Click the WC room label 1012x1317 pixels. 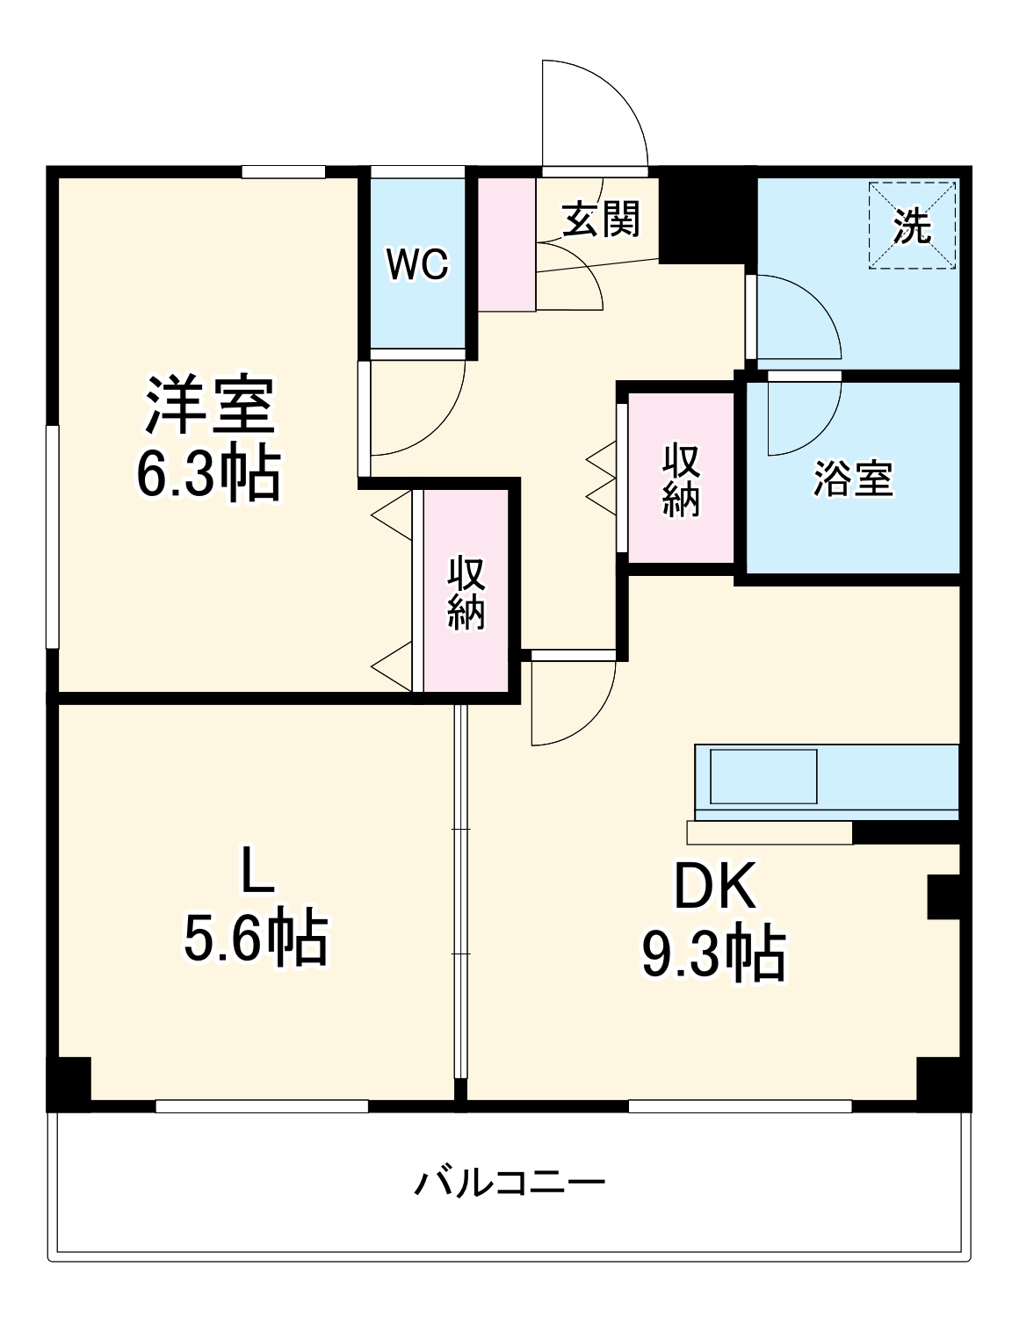coord(417,263)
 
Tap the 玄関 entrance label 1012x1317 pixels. coord(601,219)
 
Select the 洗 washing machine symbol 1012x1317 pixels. coord(912,226)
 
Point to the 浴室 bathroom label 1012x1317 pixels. coord(852,479)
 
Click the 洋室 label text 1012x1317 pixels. coord(210,405)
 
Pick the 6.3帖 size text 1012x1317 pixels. coord(208,473)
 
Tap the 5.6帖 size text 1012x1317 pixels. coord(256,939)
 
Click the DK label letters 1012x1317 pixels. coord(714,887)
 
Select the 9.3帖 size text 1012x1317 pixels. coord(713,954)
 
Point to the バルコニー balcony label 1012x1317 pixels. coord(510,1183)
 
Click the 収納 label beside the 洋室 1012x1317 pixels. coord(466,593)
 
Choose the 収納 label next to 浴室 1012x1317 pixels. coord(681,479)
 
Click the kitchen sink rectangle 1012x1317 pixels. coord(763,775)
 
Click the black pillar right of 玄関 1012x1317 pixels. coord(706,216)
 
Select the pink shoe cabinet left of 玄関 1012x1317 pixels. coord(506,243)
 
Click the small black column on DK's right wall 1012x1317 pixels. coord(943,896)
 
